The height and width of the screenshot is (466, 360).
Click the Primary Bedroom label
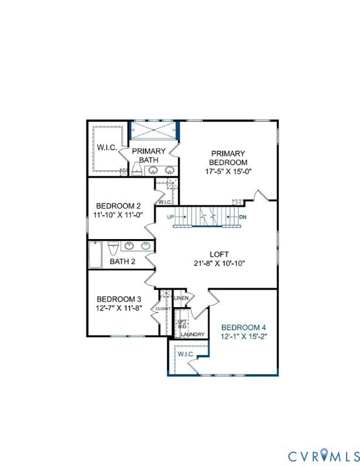click(x=228, y=158)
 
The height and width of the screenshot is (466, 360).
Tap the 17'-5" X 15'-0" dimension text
click(x=228, y=171)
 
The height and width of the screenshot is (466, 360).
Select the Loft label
click(x=219, y=254)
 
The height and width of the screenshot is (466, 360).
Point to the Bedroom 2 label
click(x=119, y=206)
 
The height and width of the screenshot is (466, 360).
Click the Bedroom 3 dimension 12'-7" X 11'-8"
click(x=119, y=308)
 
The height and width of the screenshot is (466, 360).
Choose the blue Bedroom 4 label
click(x=243, y=326)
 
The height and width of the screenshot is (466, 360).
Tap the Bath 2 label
click(x=123, y=262)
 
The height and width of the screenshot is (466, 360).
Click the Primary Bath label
click(x=149, y=155)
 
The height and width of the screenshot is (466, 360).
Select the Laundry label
click(x=192, y=334)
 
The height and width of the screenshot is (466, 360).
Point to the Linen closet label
click(x=181, y=299)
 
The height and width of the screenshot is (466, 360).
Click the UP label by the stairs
click(x=171, y=217)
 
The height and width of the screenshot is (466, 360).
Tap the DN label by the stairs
click(x=243, y=217)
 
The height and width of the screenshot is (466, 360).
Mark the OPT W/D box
click(x=182, y=323)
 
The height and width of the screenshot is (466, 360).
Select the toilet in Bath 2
click(x=113, y=249)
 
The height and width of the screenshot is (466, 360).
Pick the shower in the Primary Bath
click(x=154, y=130)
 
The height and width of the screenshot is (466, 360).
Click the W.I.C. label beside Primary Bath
click(x=107, y=147)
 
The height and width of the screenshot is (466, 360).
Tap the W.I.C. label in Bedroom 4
click(x=186, y=354)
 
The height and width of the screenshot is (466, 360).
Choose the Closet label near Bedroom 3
click(x=163, y=309)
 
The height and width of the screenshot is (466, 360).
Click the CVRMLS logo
click(x=324, y=454)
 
